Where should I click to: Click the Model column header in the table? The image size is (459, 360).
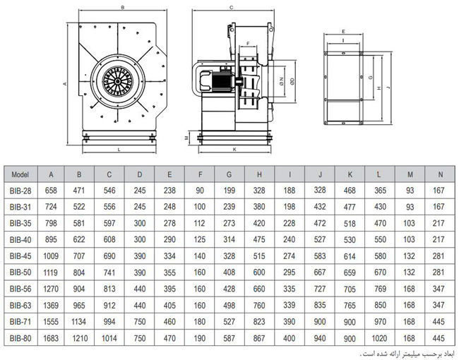point(20,174)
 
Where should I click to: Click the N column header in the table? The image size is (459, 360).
point(440,174)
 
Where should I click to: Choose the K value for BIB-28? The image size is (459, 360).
point(350,191)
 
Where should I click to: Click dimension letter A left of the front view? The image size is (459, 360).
point(64,83)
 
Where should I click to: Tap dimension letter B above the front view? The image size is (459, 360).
point(124,7)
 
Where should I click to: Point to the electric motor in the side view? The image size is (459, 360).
point(215,83)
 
